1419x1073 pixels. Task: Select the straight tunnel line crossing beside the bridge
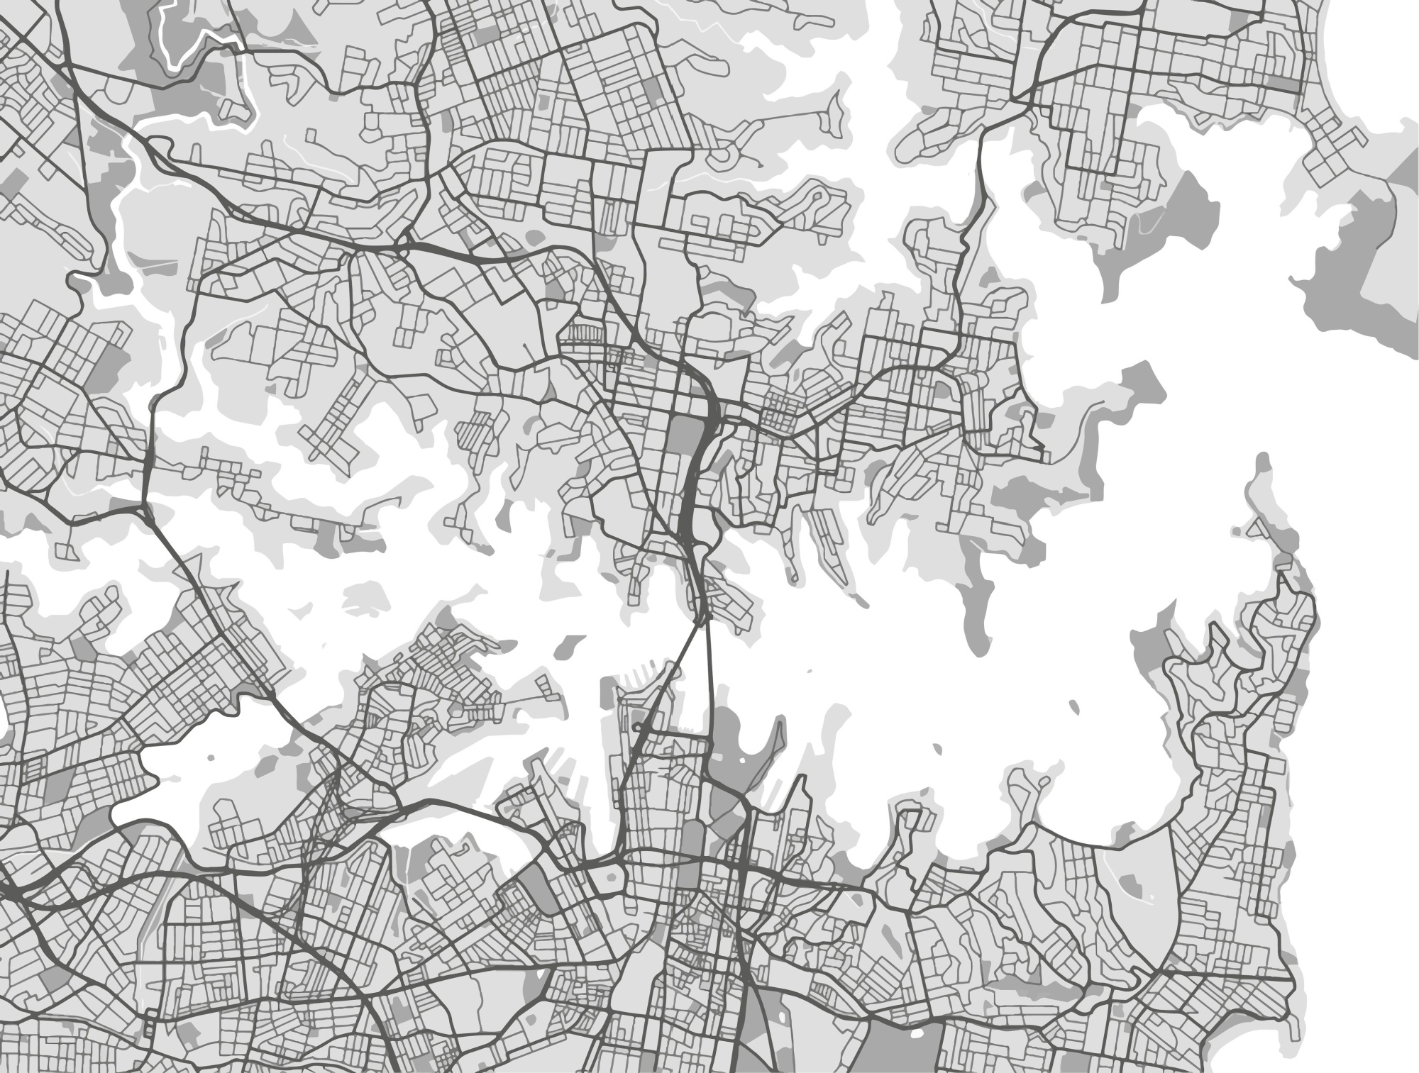pyautogui.click(x=709, y=674)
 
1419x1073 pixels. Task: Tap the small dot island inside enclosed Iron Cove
pyautogui.click(x=211, y=759)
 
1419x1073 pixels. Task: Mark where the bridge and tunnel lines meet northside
pyautogui.click(x=702, y=621)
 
